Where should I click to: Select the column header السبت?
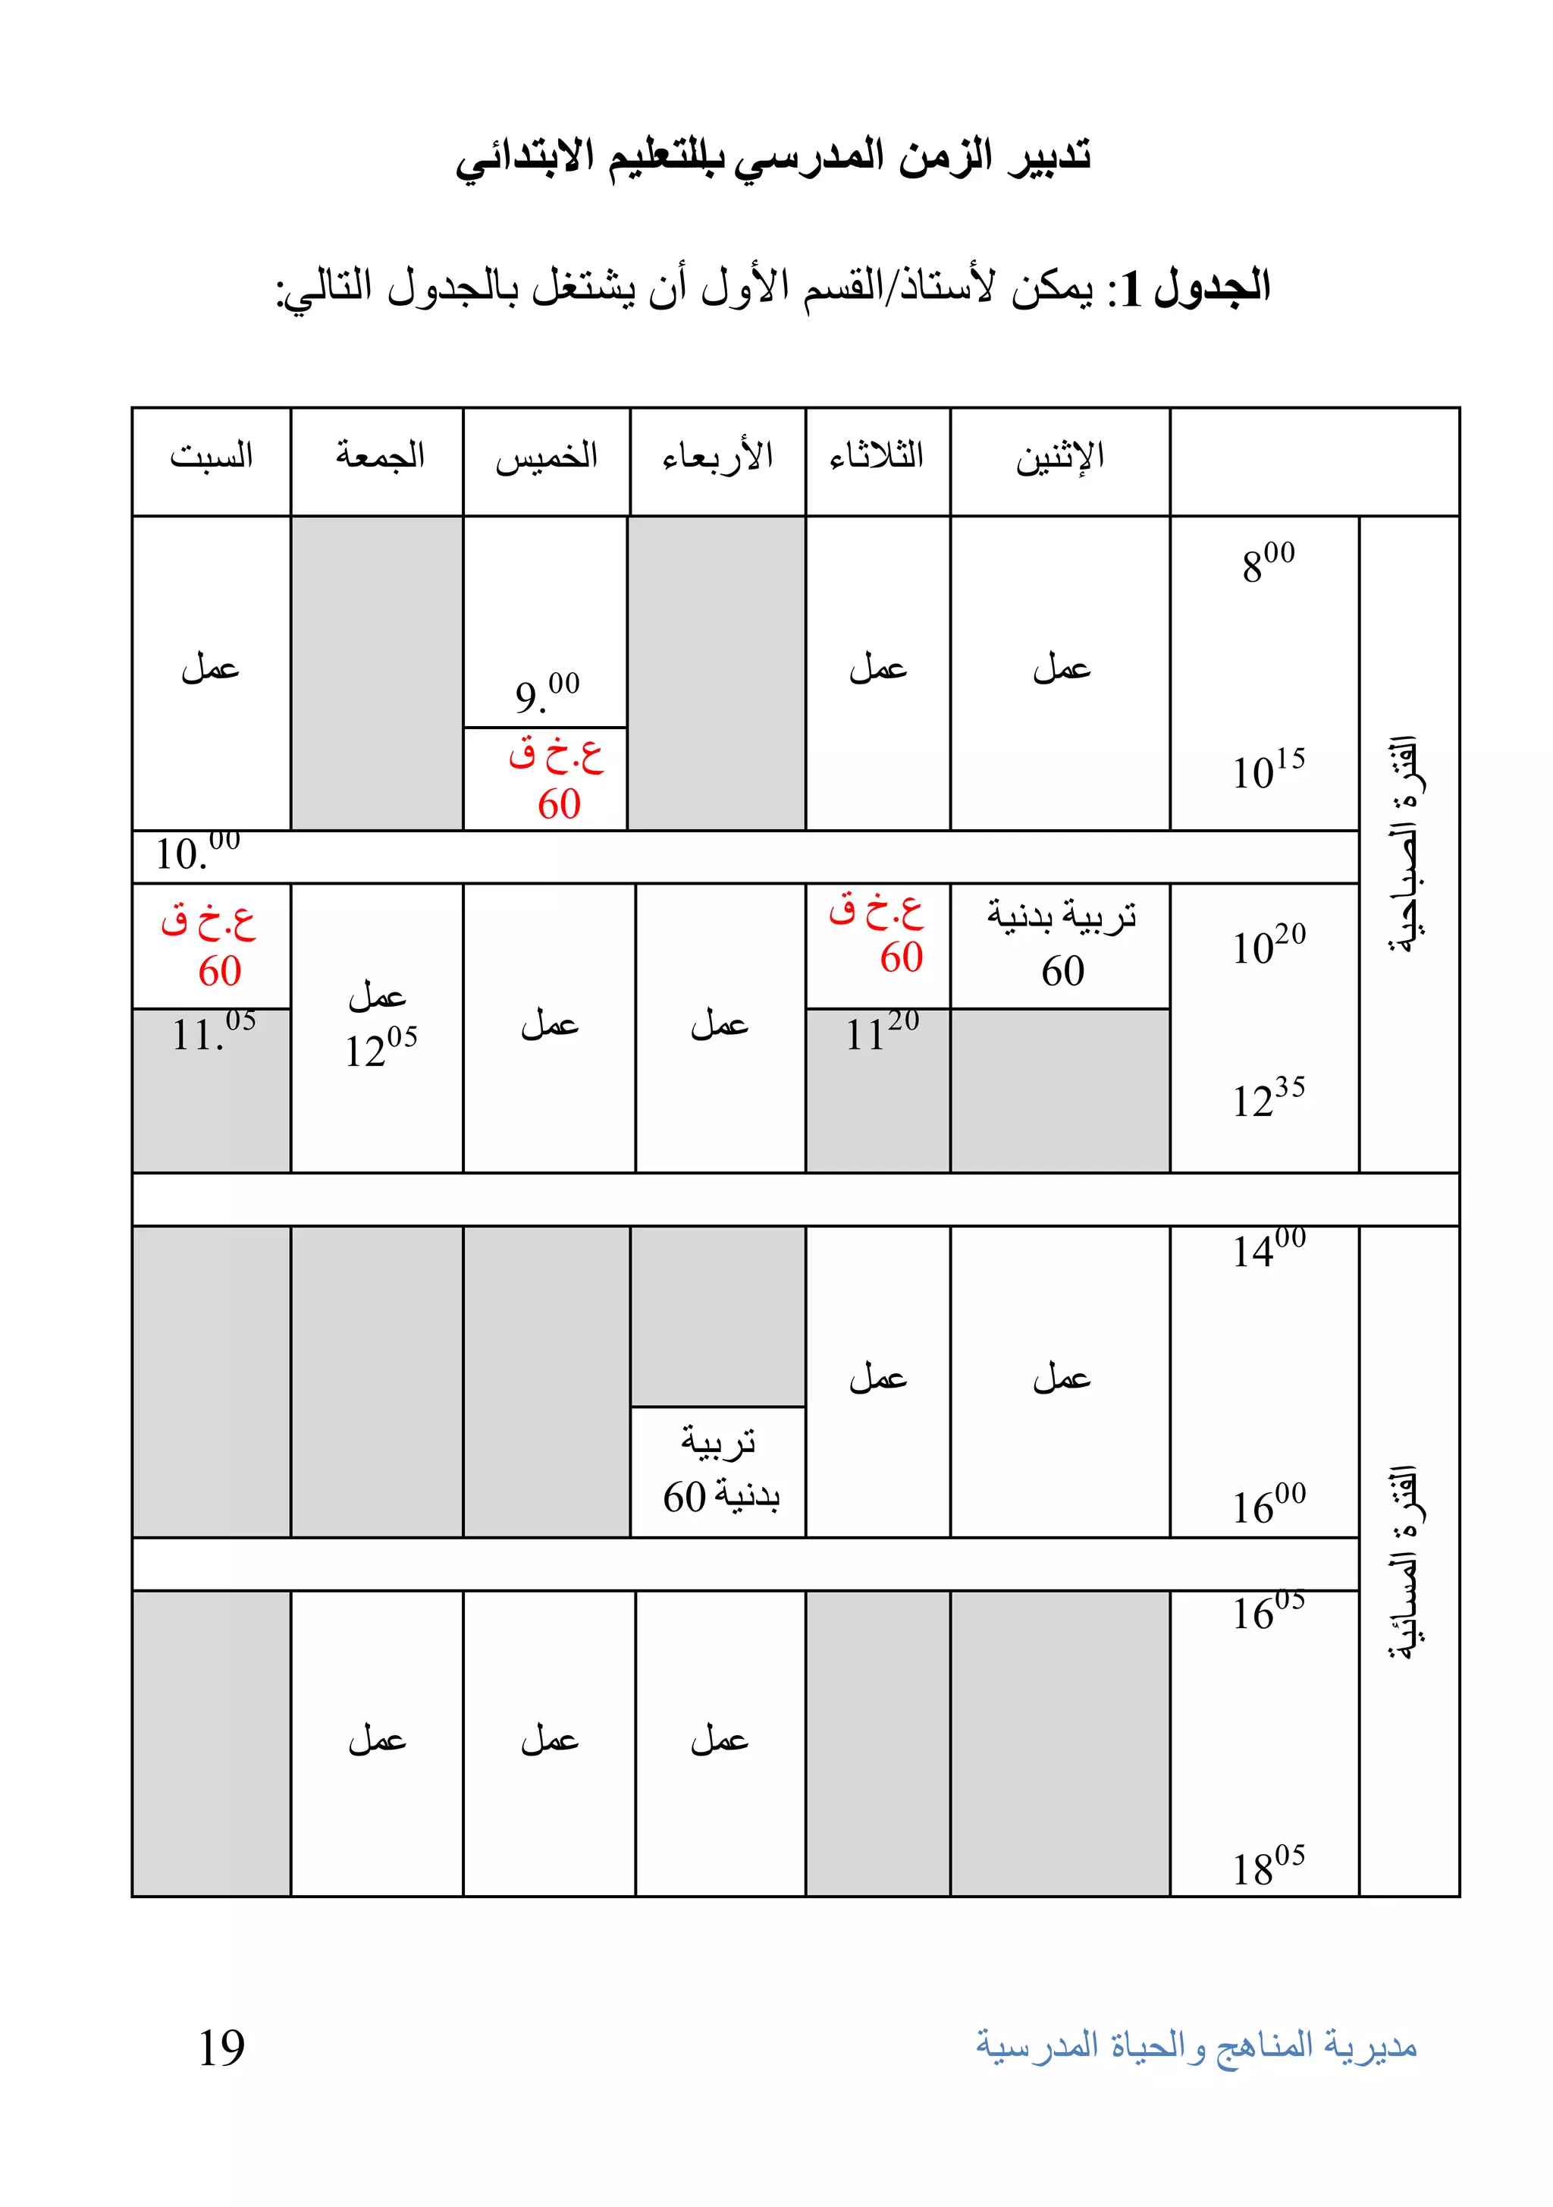pyautogui.click(x=211, y=456)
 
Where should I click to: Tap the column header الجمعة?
pyautogui.click(x=380, y=456)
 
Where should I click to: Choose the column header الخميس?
pyautogui.click(x=546, y=457)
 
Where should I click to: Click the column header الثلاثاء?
pyautogui.click(x=877, y=456)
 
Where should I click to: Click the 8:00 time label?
pyautogui.click(x=1266, y=563)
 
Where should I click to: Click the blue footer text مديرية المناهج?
pyautogui.click(x=1196, y=2045)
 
